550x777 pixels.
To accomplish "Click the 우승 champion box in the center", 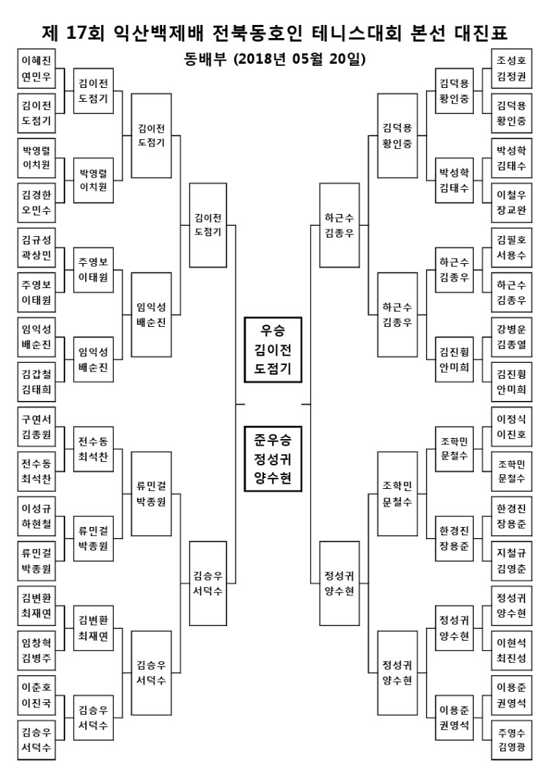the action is pos(273,350).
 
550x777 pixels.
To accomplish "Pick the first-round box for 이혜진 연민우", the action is pos(36,68).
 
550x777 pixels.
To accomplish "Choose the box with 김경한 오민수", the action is pos(36,202).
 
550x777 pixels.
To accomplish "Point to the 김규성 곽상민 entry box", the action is pos(36,248).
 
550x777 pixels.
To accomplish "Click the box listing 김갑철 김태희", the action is pos(36,382).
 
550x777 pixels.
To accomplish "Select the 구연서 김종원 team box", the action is pos(36,427).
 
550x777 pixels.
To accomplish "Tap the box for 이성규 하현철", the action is pos(36,516).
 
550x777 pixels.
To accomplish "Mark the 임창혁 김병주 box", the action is pos(36,650).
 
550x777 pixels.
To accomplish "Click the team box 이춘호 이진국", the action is pos(36,695).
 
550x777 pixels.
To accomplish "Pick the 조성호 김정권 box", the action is pos(511,68).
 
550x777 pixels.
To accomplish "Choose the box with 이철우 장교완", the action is pos(511,202).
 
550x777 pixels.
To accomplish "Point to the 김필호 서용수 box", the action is pos(511,248).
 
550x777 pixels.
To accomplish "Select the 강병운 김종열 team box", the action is pos(511,337).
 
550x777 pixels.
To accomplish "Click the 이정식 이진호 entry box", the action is pos(511,427).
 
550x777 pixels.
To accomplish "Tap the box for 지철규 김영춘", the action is pos(511,561).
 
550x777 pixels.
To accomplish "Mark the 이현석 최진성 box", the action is pos(511,650).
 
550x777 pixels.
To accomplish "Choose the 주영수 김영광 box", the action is pos(511,740).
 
